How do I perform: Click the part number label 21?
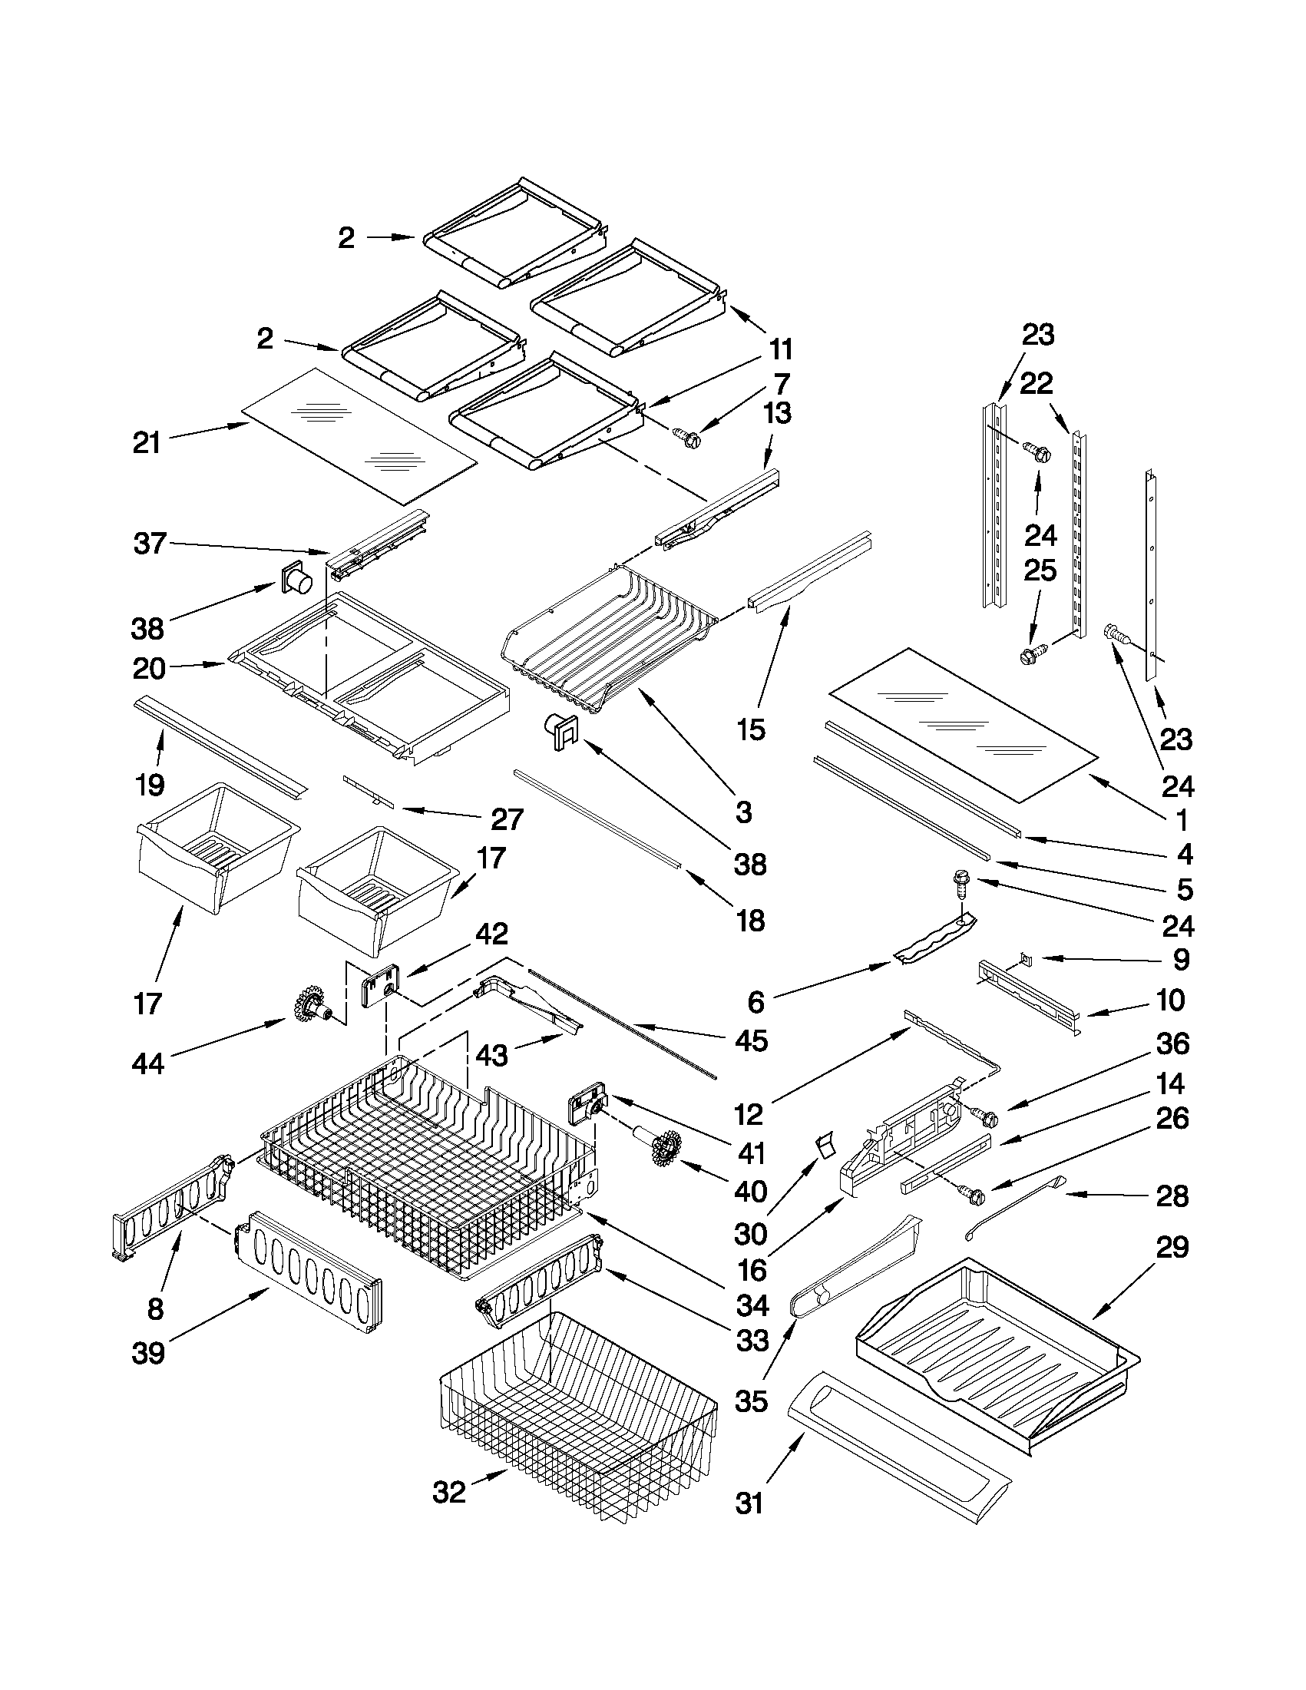(x=146, y=443)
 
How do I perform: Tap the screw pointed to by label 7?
(x=686, y=438)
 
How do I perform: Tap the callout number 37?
(x=149, y=543)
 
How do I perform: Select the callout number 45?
(x=751, y=1040)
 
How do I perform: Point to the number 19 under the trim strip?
(x=150, y=785)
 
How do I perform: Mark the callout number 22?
(x=1037, y=384)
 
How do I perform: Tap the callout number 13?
(x=776, y=414)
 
